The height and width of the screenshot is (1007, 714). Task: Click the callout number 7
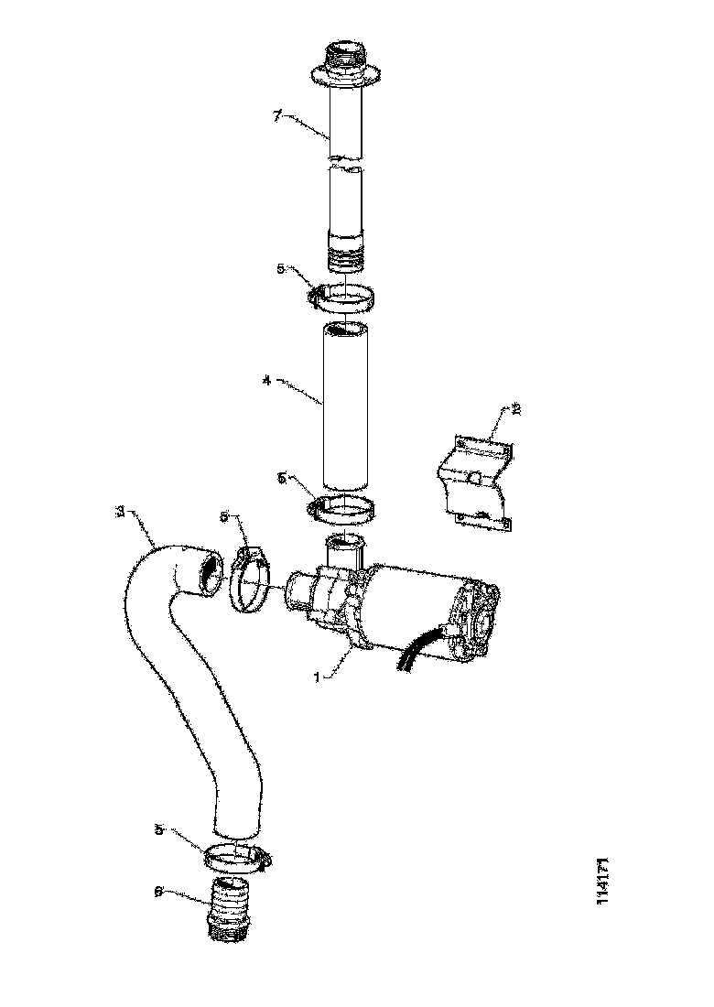click(x=278, y=117)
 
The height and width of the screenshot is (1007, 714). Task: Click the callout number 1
click(x=318, y=677)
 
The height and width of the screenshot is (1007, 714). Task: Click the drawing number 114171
click(x=603, y=881)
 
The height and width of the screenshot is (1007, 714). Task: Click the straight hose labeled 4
click(x=345, y=407)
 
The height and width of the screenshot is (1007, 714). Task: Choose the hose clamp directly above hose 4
click(x=342, y=297)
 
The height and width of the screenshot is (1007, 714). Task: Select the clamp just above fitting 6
click(x=236, y=857)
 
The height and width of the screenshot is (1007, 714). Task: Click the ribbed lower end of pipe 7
click(x=345, y=250)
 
